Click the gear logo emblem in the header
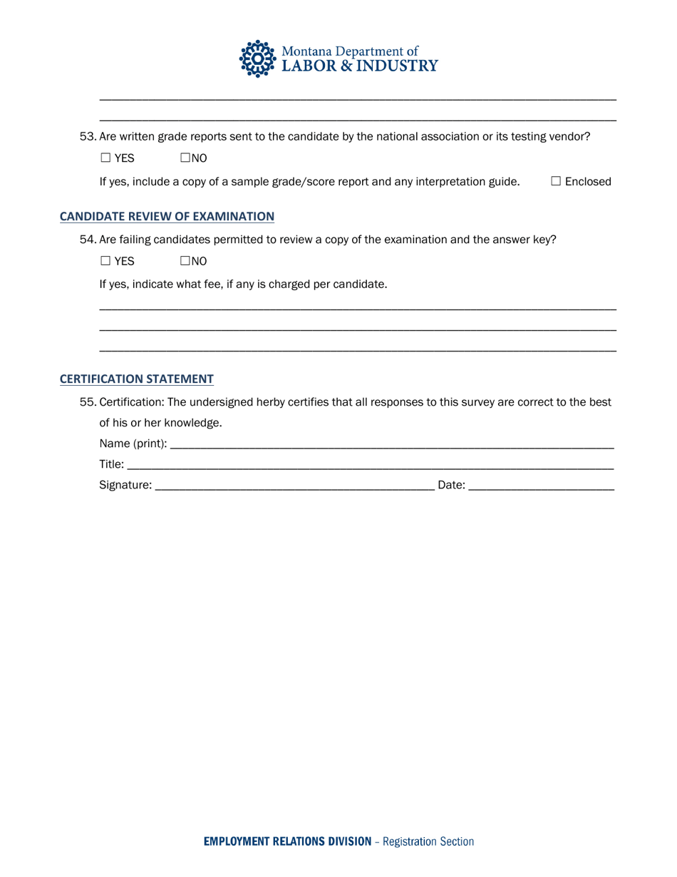[257, 58]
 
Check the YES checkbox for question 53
[105, 158]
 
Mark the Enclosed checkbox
[556, 182]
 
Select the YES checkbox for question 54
[105, 261]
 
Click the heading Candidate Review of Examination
[167, 216]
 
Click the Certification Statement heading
[136, 379]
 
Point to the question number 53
[87, 137]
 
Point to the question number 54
[87, 240]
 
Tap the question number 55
[87, 402]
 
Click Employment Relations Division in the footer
[287, 841]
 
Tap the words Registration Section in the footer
[428, 841]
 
